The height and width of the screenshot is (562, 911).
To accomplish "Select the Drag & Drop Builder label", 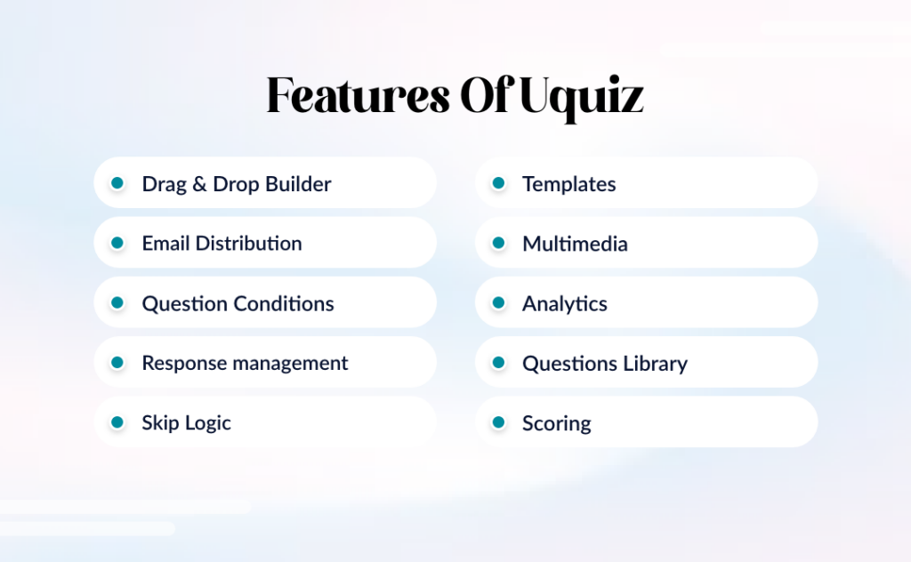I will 236,184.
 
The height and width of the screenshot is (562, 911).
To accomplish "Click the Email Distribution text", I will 222,244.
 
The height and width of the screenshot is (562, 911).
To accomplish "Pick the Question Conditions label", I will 238,304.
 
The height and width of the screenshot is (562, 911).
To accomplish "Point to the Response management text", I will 245,363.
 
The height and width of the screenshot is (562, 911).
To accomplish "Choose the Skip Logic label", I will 186,423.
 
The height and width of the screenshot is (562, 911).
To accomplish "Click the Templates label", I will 568,184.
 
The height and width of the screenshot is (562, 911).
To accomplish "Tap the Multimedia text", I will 575,244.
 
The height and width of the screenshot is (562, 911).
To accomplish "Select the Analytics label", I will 564,304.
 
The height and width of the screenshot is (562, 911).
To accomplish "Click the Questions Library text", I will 604,364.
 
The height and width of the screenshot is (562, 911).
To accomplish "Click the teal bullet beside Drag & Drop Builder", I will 117,183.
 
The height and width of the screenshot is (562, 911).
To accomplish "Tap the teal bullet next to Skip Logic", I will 117,422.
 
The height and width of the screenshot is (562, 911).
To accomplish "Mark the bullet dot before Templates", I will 498,183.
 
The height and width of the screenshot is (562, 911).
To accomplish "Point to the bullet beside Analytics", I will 498,302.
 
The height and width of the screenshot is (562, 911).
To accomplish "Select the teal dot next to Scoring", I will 498,422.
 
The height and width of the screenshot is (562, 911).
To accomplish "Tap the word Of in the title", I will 484,96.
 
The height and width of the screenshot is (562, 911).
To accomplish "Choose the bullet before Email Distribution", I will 117,243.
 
